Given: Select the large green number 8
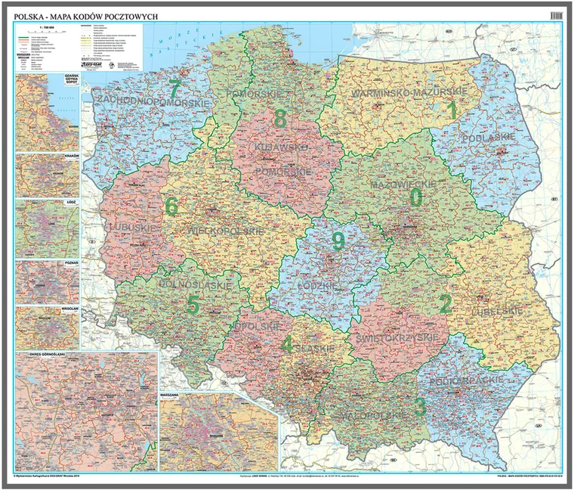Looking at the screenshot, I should click(280, 119).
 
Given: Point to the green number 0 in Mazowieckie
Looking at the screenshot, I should click(415, 197).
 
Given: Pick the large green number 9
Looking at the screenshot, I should click(338, 241).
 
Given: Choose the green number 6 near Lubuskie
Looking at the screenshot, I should click(171, 206).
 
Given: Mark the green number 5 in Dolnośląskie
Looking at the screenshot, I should click(193, 305).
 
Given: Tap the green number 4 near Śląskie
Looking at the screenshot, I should click(285, 344).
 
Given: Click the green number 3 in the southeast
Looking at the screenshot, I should click(420, 407).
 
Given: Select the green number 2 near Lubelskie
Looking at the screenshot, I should click(446, 304).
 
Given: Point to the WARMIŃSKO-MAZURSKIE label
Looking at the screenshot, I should click(406, 92).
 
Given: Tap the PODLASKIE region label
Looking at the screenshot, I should click(490, 137).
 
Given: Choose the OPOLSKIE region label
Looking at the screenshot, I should click(254, 327).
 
